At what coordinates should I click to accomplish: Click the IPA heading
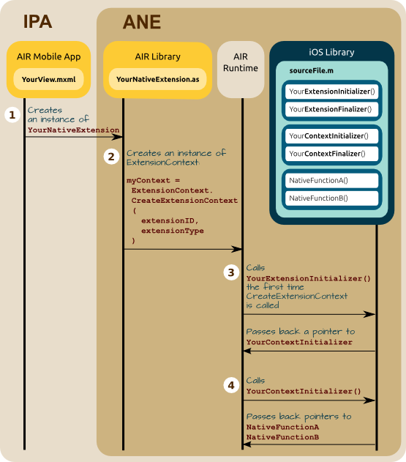coord(38,21)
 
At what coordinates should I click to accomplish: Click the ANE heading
coord(142,22)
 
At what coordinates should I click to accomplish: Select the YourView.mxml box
coord(48,79)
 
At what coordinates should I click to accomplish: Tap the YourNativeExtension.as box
coord(157,79)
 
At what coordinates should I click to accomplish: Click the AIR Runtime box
coord(241,70)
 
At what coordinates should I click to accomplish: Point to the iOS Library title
coord(331,52)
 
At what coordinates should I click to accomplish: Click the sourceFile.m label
coord(311,71)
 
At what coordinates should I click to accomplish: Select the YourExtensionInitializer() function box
coord(332,92)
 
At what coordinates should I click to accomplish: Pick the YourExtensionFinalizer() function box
coord(332,109)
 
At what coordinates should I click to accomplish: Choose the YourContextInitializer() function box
coord(332,136)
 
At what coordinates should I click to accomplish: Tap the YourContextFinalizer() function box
coord(332,154)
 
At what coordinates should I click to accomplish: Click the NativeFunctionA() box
coord(332,180)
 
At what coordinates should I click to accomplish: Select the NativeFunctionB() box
coord(332,198)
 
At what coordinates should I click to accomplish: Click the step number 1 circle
coord(12,115)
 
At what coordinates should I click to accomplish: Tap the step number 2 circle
coord(111,157)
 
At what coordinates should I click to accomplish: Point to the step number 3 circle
coord(231,272)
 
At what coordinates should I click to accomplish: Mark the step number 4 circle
coord(231,385)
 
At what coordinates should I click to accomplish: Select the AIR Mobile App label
coord(48,56)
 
